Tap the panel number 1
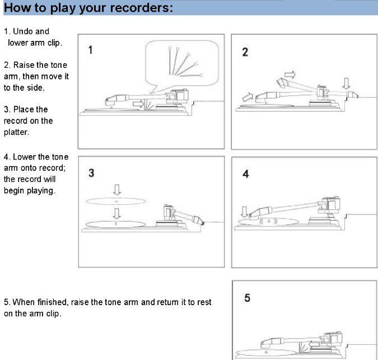pyautogui.click(x=90, y=50)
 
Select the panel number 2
pyautogui.click(x=245, y=52)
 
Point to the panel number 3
pyautogui.click(x=91, y=173)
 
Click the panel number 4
pyautogui.click(x=246, y=174)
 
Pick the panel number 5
pyautogui.click(x=248, y=298)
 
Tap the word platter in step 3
pyautogui.click(x=16, y=132)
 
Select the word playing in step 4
pyautogui.click(x=40, y=190)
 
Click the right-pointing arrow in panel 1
pyautogui.click(x=138, y=104)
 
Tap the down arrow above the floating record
pyautogui.click(x=117, y=190)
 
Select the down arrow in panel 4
pyautogui.click(x=245, y=212)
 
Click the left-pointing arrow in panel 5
pyautogui.click(x=314, y=344)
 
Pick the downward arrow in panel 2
pyautogui.click(x=347, y=83)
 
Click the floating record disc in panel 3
pyautogui.click(x=116, y=201)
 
